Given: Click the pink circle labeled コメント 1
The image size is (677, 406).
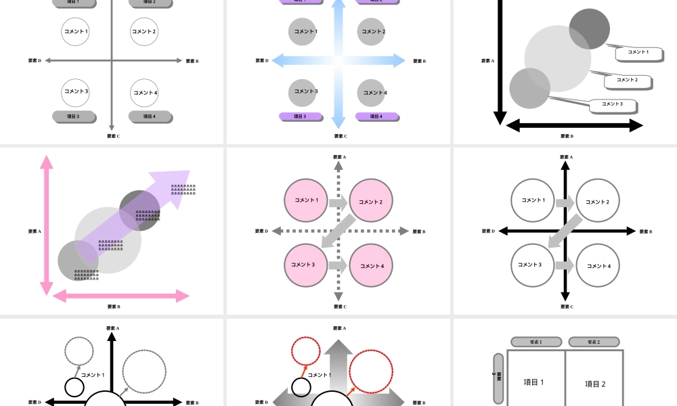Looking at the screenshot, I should pyautogui.click(x=305, y=200).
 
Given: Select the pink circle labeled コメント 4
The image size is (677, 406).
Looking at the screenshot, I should pyautogui.click(x=371, y=265).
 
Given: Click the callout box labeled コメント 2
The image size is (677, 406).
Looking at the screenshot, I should pyautogui.click(x=628, y=81).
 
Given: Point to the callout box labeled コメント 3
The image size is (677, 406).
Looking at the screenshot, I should pyautogui.click(x=613, y=104).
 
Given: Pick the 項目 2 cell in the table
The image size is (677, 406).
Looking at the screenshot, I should pyautogui.click(x=594, y=383).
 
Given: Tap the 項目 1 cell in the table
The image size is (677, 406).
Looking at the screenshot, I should pyautogui.click(x=536, y=382).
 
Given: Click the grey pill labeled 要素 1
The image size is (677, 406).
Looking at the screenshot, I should pyautogui.click(x=536, y=342).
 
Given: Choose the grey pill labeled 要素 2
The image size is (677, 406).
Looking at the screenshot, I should pyautogui.click(x=594, y=342).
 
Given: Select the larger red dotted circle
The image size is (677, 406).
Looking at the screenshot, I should pyautogui.click(x=370, y=371).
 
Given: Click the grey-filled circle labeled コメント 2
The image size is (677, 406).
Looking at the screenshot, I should pyautogui.click(x=371, y=31).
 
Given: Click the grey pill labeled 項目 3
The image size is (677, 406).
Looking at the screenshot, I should pyautogui.click(x=73, y=116).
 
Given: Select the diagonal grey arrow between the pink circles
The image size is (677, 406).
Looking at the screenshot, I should pyautogui.click(x=339, y=231).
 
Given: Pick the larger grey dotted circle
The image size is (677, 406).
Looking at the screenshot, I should pyautogui.click(x=144, y=371).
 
